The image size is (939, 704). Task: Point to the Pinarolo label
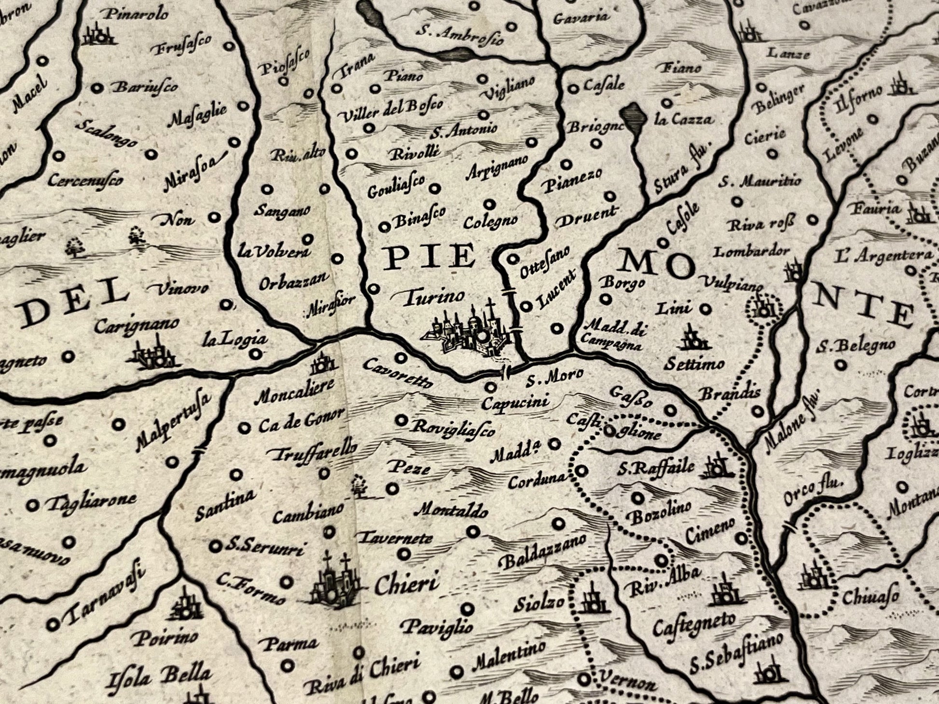point(137,14)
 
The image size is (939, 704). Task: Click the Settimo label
point(694,364)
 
